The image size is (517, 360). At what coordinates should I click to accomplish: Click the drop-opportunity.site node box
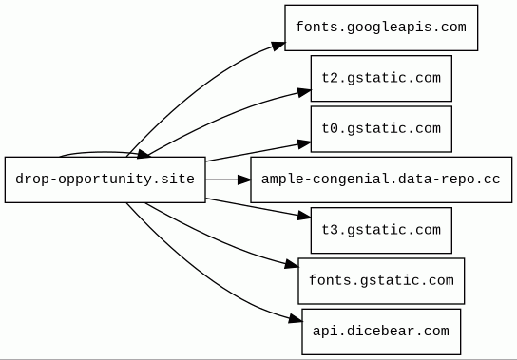pyautogui.click(x=105, y=180)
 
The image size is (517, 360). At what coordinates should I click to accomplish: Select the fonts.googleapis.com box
pyautogui.click(x=381, y=28)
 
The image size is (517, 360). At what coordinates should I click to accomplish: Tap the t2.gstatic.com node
pyautogui.click(x=381, y=79)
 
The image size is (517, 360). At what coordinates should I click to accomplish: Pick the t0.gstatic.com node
pyautogui.click(x=381, y=129)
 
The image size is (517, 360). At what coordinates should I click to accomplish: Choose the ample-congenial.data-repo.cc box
pyautogui.click(x=381, y=180)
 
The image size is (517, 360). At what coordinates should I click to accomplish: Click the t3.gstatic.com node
pyautogui.click(x=381, y=231)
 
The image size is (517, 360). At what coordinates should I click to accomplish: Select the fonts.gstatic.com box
pyautogui.click(x=381, y=281)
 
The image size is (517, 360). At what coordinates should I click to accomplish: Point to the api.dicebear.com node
pyautogui.click(x=381, y=332)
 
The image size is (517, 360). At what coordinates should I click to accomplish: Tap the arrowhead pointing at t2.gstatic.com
pyautogui.click(x=304, y=92)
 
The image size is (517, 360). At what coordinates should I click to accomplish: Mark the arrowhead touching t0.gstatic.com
pyautogui.click(x=304, y=143)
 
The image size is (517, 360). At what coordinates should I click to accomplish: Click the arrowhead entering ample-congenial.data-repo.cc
pyautogui.click(x=244, y=180)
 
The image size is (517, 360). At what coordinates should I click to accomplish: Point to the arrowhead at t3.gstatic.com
pyautogui.click(x=304, y=217)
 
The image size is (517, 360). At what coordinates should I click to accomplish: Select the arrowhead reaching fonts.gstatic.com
pyautogui.click(x=292, y=264)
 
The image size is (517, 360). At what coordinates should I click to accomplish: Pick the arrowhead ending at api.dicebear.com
pyautogui.click(x=296, y=319)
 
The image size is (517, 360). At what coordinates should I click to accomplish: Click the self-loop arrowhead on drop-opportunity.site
pyautogui.click(x=144, y=154)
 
